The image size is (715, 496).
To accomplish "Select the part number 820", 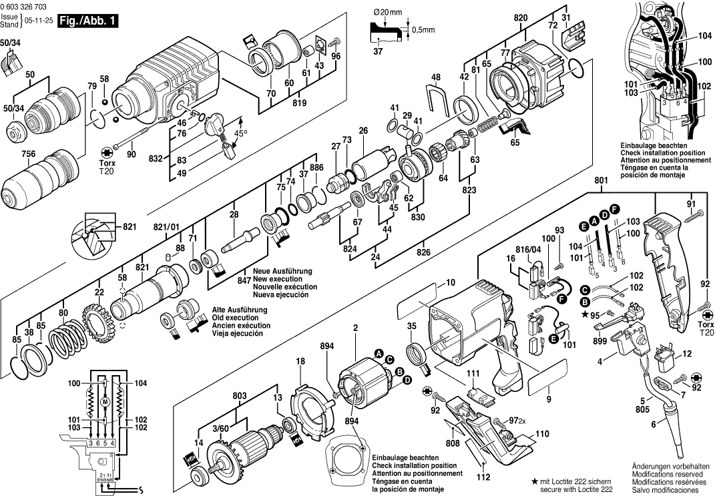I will pos(521,18).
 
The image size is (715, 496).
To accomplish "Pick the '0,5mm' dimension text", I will pos(423,29).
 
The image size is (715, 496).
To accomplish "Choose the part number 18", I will pos(300,361).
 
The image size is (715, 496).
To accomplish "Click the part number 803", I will pos(241,395).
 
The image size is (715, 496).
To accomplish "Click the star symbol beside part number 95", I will pos(585,314).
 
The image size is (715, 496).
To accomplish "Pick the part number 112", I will pos(483,477).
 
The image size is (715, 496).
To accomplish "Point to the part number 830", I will pos(417,216).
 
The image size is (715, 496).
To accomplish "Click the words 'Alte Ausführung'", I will pos(239,310).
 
